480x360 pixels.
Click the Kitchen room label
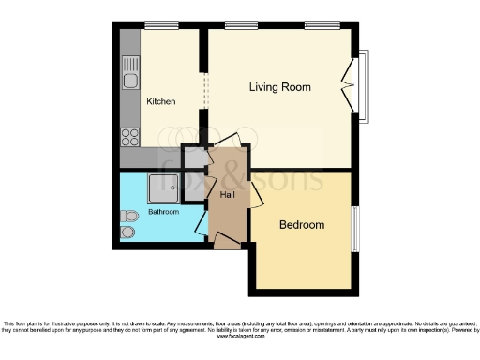tap(160, 101)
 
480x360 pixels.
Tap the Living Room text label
tap(279, 87)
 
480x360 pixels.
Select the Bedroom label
tap(302, 225)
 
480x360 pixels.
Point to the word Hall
tap(228, 195)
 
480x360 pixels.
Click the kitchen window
tap(158, 25)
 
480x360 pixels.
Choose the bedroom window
tap(355, 228)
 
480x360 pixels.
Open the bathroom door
tap(201, 222)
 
